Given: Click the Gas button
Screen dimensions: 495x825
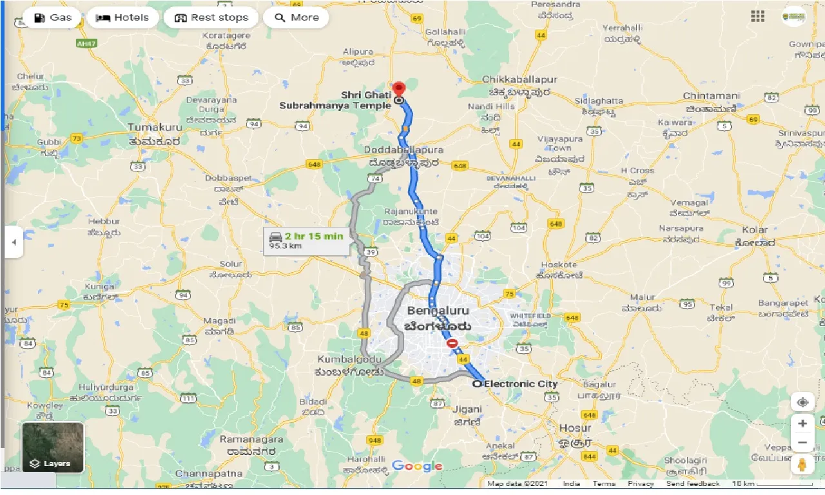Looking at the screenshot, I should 52,17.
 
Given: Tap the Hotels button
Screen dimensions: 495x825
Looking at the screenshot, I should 122,17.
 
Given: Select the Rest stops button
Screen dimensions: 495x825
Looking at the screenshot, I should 211,17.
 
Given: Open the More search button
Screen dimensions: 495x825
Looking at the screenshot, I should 296,17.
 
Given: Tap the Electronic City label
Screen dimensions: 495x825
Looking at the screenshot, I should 520,384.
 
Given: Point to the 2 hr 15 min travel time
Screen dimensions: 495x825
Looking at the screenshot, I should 315,236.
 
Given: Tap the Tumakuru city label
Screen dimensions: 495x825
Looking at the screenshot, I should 155,128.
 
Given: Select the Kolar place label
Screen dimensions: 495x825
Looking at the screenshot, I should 755,229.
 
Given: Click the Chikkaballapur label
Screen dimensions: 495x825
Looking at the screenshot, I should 519,79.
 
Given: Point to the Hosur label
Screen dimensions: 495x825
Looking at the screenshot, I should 575,428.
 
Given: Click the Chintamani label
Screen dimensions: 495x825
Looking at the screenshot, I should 712,96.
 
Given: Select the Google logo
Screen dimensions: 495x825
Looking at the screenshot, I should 417,466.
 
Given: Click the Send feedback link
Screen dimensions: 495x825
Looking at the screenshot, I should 693,484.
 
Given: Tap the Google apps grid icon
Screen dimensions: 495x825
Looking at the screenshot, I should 757,17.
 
